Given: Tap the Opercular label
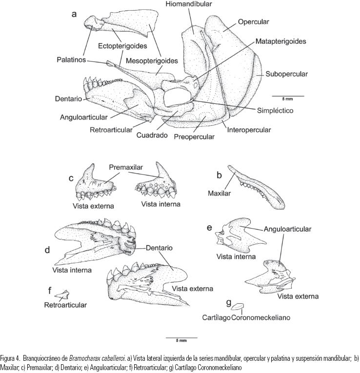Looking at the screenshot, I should tap(254, 21).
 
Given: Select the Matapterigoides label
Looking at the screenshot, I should tap(280, 41).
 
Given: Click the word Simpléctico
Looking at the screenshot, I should tap(275, 111).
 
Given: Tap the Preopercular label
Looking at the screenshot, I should tap(194, 137).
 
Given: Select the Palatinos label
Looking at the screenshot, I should tap(70, 59).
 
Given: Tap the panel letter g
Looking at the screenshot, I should tap(229, 302).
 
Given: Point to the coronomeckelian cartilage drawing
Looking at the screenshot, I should tap(238, 307).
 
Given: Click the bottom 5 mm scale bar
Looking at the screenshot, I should tap(181, 337).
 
